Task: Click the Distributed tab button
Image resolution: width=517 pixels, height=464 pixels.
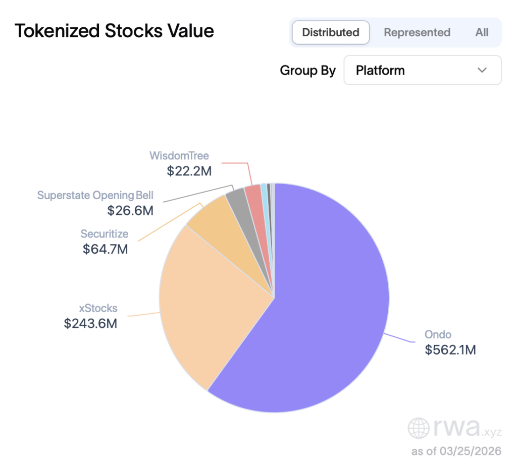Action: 331,32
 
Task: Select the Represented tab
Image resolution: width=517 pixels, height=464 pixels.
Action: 417,32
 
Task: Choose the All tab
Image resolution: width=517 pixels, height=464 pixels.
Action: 482,32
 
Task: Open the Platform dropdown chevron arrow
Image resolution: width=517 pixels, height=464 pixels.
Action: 482,70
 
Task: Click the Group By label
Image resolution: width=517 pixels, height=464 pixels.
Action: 307,71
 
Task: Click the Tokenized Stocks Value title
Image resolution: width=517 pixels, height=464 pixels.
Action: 114,31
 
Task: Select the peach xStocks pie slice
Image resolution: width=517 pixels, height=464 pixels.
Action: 212,303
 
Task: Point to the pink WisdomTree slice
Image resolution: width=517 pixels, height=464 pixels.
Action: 253,194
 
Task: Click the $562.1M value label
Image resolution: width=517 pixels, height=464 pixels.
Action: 450,350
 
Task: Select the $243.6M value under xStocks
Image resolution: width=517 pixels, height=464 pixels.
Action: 90,323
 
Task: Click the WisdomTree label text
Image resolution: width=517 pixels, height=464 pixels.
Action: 179,155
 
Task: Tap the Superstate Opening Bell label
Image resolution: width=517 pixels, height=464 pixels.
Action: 95,195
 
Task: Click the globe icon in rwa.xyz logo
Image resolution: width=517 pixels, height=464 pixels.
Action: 419,428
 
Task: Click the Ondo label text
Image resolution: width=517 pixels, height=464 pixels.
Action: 438,334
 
